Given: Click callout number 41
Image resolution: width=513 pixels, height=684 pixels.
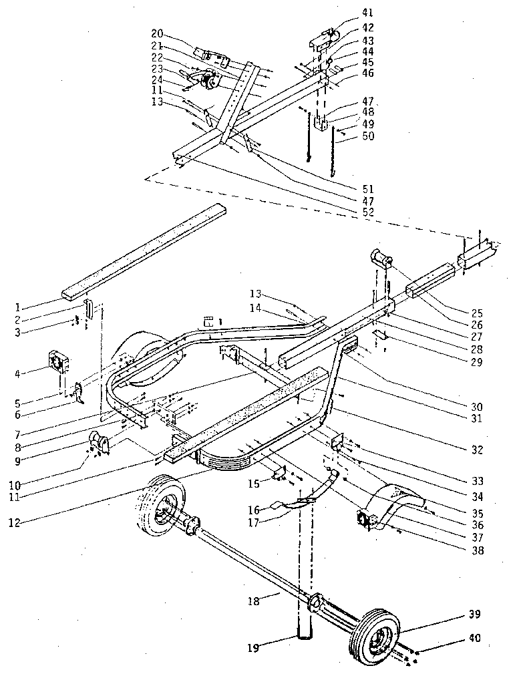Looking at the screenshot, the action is click(x=367, y=13).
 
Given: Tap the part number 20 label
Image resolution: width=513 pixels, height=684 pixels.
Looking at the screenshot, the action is click(x=157, y=33).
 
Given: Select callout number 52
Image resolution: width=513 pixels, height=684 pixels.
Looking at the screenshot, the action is click(x=368, y=213).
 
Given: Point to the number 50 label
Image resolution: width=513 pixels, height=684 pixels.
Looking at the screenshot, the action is click(x=368, y=136).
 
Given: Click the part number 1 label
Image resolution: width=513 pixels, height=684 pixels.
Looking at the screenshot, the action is click(x=18, y=308).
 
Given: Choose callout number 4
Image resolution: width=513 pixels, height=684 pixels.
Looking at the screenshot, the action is click(x=17, y=373).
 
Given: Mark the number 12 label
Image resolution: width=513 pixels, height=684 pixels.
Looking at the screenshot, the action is click(x=15, y=522).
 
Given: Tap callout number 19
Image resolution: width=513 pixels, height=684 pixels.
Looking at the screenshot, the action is click(x=253, y=648).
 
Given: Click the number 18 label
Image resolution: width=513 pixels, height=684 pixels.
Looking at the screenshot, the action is click(x=253, y=601).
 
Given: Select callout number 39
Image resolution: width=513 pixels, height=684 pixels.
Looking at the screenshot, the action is click(x=475, y=615).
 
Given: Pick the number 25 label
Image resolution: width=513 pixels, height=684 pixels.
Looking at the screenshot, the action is click(x=477, y=313).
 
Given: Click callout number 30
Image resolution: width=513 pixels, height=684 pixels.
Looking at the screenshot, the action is click(x=477, y=407).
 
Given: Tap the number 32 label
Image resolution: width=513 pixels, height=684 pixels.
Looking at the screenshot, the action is click(x=478, y=450).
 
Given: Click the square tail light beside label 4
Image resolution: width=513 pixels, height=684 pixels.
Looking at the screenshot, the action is click(x=59, y=362).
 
